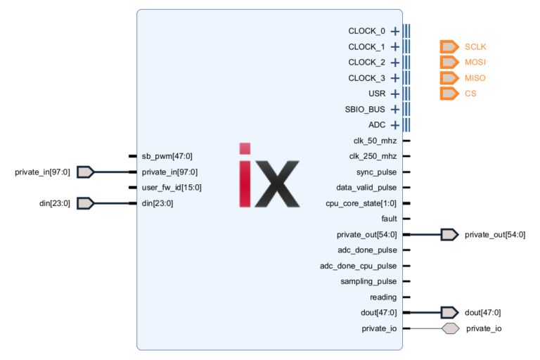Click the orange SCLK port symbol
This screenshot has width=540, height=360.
click(x=449, y=47)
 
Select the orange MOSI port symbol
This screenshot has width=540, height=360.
click(x=449, y=63)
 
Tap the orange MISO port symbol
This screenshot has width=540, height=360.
click(x=449, y=78)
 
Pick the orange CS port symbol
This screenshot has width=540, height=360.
click(x=449, y=94)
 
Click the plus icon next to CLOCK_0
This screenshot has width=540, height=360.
click(x=395, y=31)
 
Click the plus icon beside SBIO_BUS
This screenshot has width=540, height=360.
click(x=395, y=110)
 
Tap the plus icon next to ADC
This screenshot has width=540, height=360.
click(x=395, y=125)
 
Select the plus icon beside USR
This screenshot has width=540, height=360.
click(x=395, y=94)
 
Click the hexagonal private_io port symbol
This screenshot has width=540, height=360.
click(x=450, y=328)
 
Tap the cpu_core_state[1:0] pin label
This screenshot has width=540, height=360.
click(x=362, y=203)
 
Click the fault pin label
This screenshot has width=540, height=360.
click(x=388, y=219)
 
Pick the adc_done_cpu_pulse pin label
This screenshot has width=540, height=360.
click(x=358, y=266)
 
